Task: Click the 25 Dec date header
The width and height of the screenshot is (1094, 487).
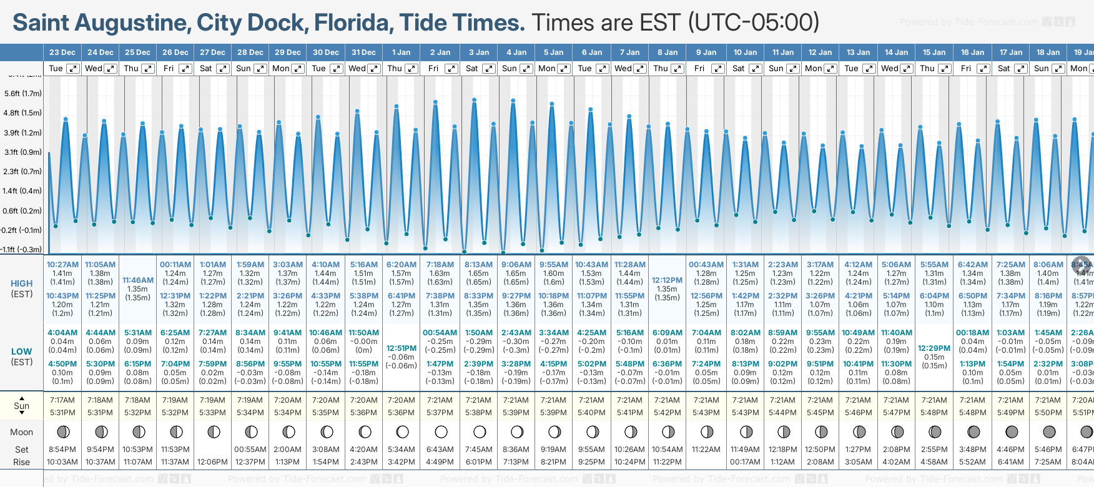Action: pyautogui.click(x=137, y=52)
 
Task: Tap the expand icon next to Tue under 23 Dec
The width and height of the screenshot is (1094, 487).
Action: pyautogui.click(x=73, y=69)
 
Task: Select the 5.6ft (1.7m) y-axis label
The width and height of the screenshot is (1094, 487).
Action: pyautogui.click(x=22, y=94)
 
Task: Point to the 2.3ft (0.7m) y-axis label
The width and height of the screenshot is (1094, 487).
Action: pyautogui.click(x=22, y=171)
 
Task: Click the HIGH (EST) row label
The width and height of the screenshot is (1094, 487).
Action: pyautogui.click(x=21, y=288)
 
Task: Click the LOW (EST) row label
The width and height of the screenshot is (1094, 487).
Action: pyautogui.click(x=21, y=357)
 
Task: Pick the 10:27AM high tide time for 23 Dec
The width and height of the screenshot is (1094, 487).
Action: pyautogui.click(x=62, y=265)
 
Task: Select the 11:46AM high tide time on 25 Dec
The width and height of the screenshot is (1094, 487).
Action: pyautogui.click(x=137, y=280)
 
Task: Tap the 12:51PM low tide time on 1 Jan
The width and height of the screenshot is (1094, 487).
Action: pyautogui.click(x=402, y=348)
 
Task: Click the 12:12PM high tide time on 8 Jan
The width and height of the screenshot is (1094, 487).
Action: pyautogui.click(x=667, y=280)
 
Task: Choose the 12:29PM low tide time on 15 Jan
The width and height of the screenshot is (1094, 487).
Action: pyautogui.click(x=934, y=348)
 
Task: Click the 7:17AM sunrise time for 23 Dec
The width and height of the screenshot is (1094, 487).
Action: pyautogui.click(x=62, y=400)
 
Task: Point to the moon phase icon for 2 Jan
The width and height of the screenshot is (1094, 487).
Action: pyautogui.click(x=441, y=431)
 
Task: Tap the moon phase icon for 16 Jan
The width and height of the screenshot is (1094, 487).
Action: pyautogui.click(x=973, y=431)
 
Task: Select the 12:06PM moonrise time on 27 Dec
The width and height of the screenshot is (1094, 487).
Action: pyautogui.click(x=212, y=462)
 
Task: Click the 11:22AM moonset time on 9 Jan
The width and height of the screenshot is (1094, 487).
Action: pyautogui.click(x=706, y=450)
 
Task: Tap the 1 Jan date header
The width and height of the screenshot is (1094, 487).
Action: pyautogui.click(x=401, y=52)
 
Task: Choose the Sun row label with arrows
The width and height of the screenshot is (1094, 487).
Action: pyautogui.click(x=21, y=405)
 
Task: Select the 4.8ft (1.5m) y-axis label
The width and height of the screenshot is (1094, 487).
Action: pyautogui.click(x=22, y=113)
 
